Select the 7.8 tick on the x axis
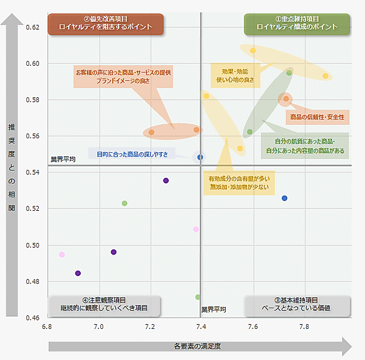click(x=304, y=327)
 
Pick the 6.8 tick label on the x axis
click(x=47, y=327)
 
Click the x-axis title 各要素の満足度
click(x=196, y=347)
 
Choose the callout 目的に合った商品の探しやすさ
click(x=132, y=154)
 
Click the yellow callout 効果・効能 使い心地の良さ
click(x=235, y=74)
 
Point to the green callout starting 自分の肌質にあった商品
click(x=305, y=146)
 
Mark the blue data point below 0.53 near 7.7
click(x=284, y=199)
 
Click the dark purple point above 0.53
click(x=166, y=180)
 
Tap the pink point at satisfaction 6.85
click(x=61, y=255)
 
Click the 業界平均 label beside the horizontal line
click(x=63, y=160)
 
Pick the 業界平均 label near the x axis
click(x=214, y=309)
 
